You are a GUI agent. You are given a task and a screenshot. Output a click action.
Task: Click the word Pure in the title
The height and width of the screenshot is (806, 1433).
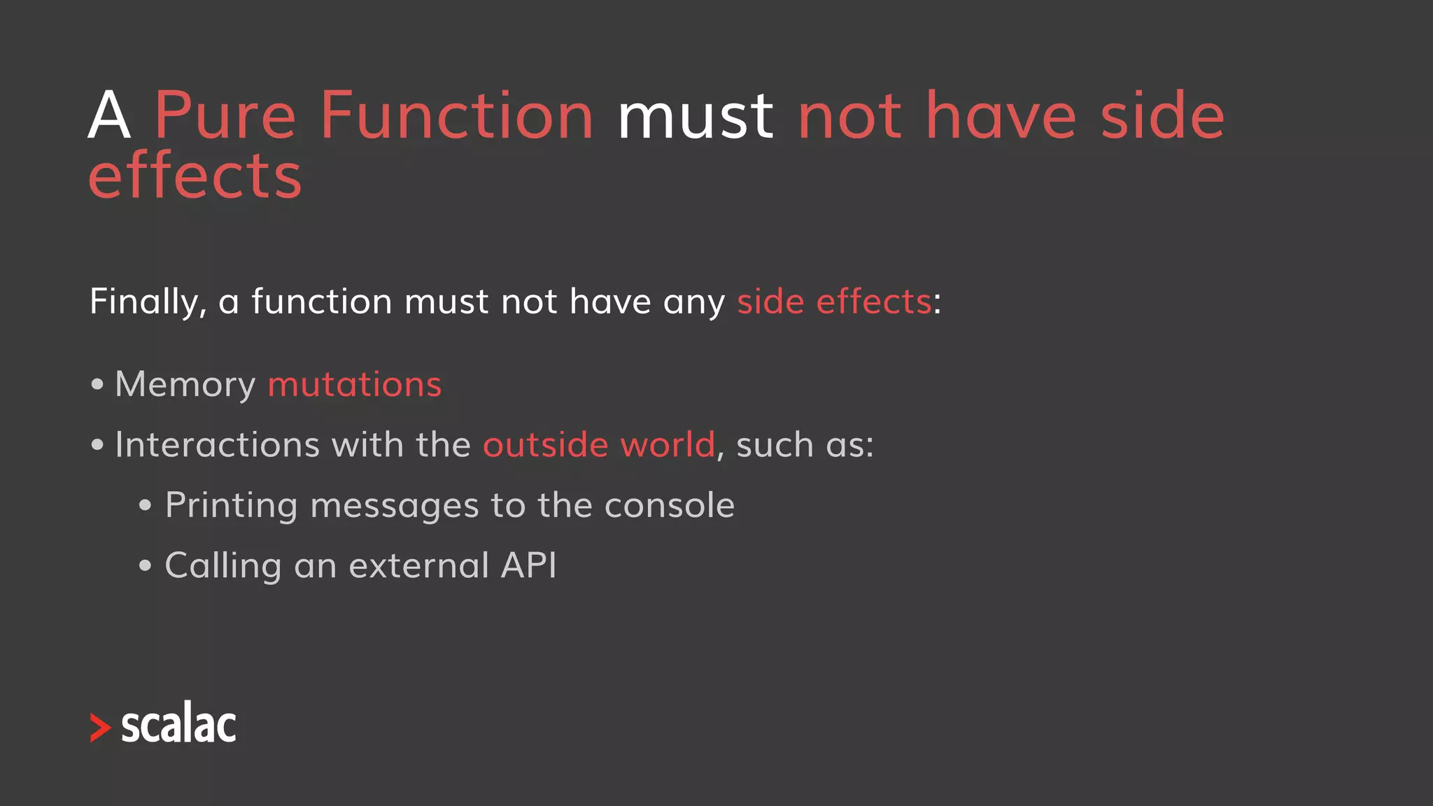click(225, 115)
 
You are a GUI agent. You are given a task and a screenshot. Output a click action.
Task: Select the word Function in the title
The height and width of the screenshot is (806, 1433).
click(456, 115)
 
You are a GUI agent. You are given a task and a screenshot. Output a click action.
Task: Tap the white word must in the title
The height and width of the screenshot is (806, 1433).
click(695, 115)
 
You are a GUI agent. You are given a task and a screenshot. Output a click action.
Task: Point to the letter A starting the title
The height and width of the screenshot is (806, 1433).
click(109, 115)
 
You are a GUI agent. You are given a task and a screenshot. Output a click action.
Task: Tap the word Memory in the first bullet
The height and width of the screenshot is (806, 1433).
click(185, 385)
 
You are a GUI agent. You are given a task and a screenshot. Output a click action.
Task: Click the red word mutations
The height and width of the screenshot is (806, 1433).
click(354, 385)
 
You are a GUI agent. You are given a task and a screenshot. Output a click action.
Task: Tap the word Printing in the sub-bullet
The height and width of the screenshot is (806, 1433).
click(231, 506)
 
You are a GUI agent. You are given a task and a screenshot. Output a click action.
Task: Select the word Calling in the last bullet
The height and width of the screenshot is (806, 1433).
click(223, 566)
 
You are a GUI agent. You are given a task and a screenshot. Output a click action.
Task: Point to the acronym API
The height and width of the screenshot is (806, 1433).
click(529, 565)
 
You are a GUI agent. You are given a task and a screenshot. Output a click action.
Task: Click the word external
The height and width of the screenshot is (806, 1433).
click(418, 565)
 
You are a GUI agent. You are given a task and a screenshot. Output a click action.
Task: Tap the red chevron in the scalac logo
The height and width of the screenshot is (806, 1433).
click(100, 728)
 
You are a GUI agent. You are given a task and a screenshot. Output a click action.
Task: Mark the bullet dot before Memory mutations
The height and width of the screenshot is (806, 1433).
click(97, 384)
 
